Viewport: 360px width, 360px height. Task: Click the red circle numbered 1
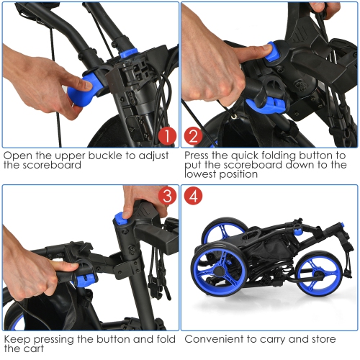tap(166, 135)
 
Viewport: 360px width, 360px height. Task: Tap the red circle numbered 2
tap(194, 135)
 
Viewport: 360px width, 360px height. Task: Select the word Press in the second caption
tap(199, 155)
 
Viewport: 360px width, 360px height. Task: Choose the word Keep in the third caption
tap(17, 338)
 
